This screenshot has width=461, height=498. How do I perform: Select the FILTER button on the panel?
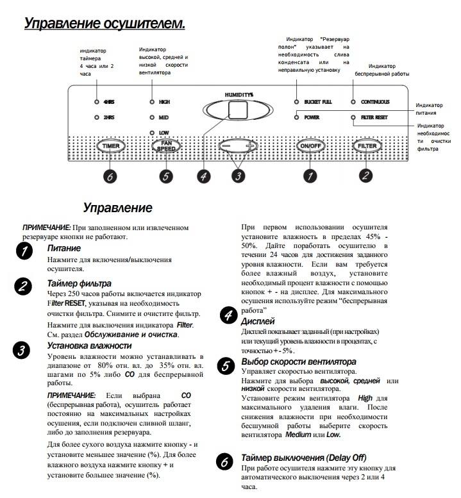pyautogui.click(x=367, y=146)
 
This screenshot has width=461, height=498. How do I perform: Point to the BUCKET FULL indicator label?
pyautogui.click(x=318, y=102)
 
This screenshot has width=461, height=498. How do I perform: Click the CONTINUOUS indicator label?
pyautogui.click(x=375, y=102)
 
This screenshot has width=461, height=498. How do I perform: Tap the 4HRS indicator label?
pyautogui.click(x=110, y=102)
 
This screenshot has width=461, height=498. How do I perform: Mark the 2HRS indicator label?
pyautogui.click(x=110, y=118)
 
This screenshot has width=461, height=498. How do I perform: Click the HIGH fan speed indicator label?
pyautogui.click(x=165, y=102)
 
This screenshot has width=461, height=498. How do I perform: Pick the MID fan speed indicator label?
pyautogui.click(x=163, y=118)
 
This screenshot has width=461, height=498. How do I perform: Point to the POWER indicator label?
pyautogui.click(x=313, y=118)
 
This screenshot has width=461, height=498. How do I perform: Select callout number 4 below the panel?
pyautogui.click(x=204, y=178)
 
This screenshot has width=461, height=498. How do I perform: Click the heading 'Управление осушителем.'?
pyautogui.click(x=105, y=24)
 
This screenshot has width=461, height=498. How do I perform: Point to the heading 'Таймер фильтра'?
pyautogui.click(x=80, y=283)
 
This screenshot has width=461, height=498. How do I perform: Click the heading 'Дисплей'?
pyautogui.click(x=257, y=320)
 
